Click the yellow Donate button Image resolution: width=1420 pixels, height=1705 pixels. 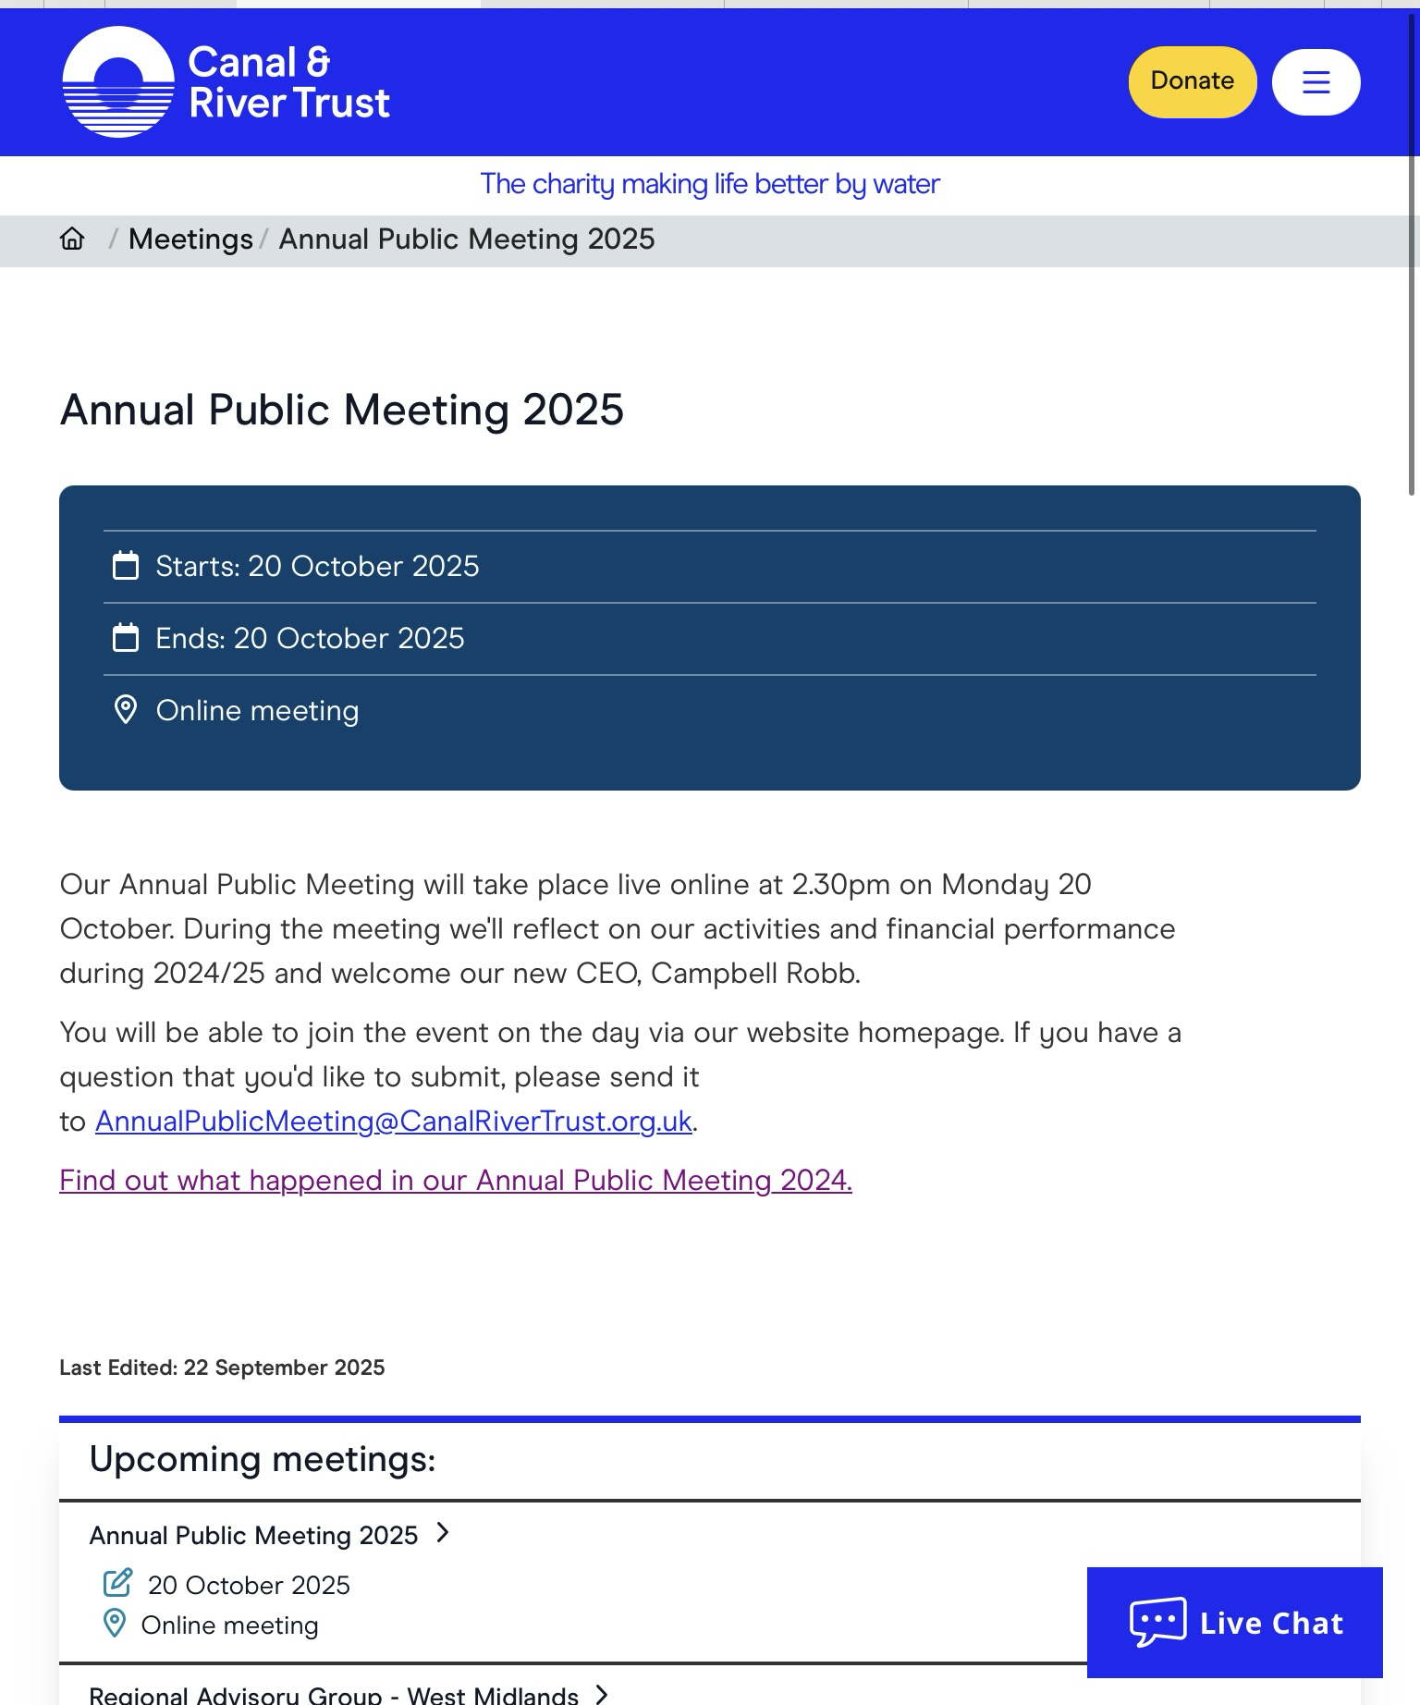(1192, 81)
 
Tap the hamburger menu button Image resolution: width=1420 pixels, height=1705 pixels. (1316, 82)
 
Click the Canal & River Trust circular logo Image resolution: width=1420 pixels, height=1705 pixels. (118, 82)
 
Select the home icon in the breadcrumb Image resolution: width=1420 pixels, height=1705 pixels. (72, 239)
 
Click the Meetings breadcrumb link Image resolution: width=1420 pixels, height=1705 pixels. (190, 239)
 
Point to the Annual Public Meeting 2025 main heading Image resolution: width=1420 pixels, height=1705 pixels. (342, 410)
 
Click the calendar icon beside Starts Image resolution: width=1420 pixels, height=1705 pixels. (126, 566)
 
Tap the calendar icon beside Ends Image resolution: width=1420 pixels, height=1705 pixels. (126, 638)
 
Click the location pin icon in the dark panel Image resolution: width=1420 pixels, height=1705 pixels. (126, 710)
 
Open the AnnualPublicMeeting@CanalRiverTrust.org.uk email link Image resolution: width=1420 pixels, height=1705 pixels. (394, 1122)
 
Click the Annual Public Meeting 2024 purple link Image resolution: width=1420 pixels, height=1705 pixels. (456, 1181)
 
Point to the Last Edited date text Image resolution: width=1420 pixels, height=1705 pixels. (222, 1368)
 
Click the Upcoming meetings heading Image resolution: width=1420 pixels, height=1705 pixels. (263, 1460)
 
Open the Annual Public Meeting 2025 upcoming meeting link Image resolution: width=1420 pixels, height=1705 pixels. (254, 1536)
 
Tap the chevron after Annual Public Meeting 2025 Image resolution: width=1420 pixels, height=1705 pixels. (443, 1534)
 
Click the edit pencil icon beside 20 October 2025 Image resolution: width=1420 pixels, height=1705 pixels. (117, 1583)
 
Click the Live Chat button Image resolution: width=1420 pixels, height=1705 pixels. (1234, 1623)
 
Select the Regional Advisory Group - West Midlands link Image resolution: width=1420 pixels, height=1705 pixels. (334, 1695)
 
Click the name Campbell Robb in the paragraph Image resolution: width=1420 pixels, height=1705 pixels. (755, 974)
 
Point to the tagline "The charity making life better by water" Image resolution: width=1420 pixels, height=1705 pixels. (710, 184)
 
